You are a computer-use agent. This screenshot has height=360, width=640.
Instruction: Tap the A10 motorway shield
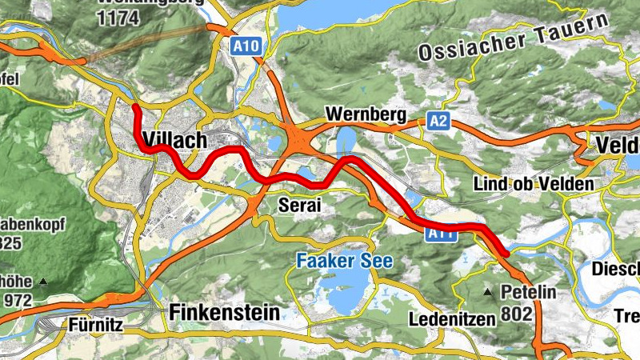point(246,47)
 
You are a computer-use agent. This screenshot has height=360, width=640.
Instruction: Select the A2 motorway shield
point(437,121)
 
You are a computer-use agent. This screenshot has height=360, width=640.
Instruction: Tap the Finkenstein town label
point(225,312)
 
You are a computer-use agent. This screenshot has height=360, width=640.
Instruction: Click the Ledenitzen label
point(454,319)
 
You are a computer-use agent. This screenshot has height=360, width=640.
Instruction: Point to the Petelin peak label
point(528,293)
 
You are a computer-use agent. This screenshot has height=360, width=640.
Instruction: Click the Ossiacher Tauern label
point(509,39)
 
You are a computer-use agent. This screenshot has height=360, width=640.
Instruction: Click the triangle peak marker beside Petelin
point(488,292)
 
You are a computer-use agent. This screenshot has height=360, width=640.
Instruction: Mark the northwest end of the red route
point(136,106)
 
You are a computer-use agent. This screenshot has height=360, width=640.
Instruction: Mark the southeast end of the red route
point(506,254)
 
